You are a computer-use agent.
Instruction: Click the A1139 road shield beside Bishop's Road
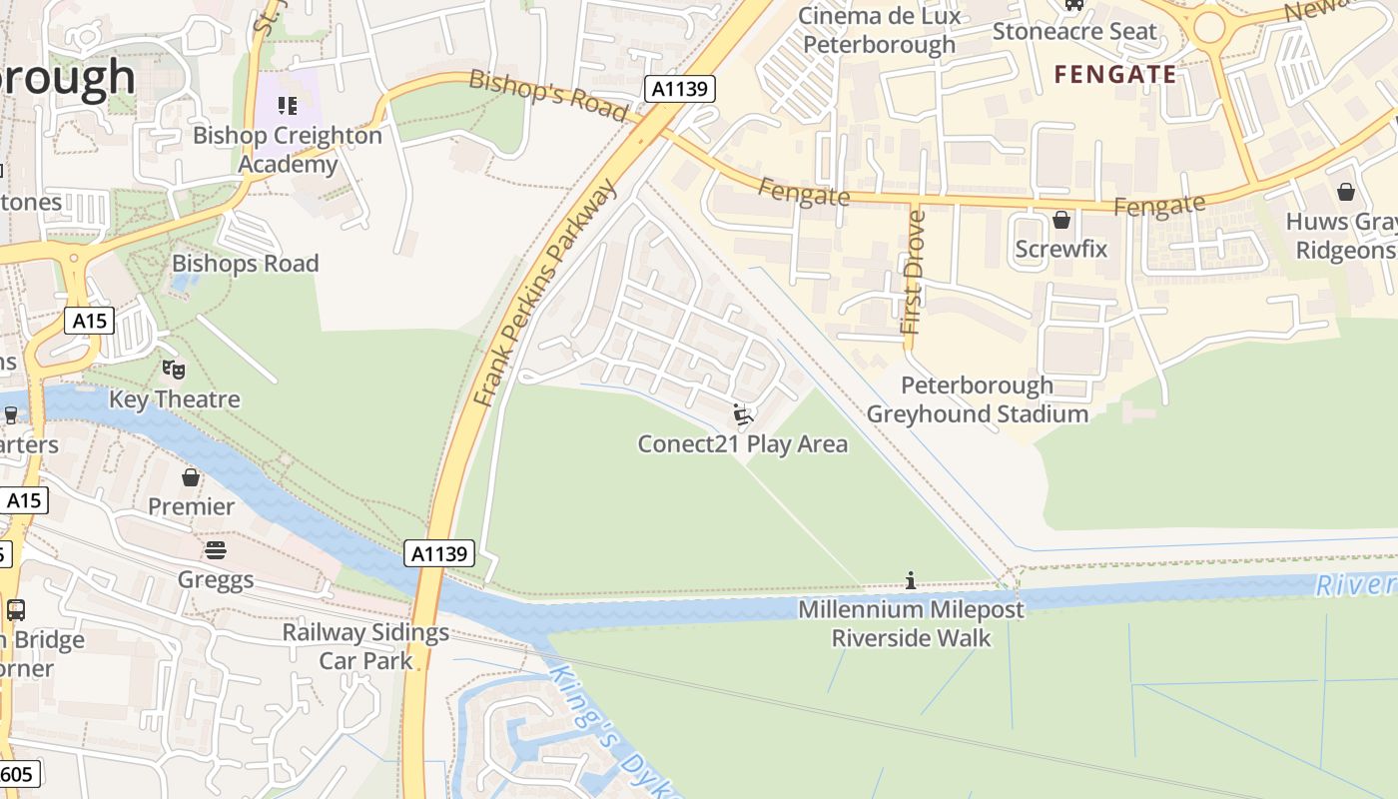[x=679, y=89]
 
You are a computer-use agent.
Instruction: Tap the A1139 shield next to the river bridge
[x=439, y=553]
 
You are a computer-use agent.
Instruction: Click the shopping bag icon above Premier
[x=191, y=477]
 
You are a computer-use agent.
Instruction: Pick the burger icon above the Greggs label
[x=216, y=550]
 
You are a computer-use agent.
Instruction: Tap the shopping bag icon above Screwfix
[x=1061, y=219]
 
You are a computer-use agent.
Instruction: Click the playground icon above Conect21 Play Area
[x=742, y=414]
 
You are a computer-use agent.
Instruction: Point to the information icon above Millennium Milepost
[x=910, y=580]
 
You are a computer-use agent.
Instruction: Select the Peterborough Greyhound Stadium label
[x=977, y=399]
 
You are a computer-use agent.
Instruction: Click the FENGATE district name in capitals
[x=1115, y=74]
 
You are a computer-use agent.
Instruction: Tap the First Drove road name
[x=912, y=272]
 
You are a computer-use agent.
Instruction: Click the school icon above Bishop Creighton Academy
[x=288, y=105]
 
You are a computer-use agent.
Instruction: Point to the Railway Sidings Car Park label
[x=365, y=646]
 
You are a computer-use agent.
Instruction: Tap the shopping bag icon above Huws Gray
[x=1345, y=192]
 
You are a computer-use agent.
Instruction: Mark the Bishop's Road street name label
[x=548, y=96]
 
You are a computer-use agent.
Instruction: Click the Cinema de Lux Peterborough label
[x=879, y=30]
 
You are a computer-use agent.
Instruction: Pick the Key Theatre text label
[x=175, y=399]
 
